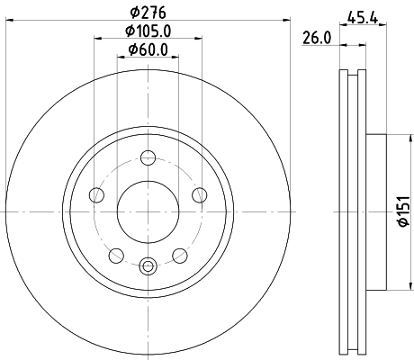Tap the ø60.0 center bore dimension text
[148, 51]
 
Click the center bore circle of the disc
[148, 211]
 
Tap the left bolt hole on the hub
[98, 195]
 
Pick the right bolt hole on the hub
[199, 195]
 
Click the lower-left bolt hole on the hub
[117, 255]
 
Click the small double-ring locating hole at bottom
[148, 265]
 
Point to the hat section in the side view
[377, 211]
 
